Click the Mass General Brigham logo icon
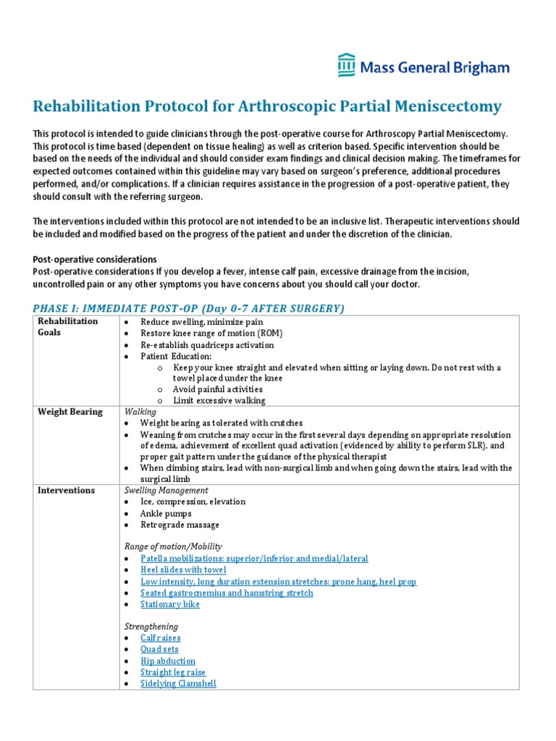346,65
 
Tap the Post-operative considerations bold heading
95,259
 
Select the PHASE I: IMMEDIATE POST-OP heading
189,308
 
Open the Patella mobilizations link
254,559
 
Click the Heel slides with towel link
184,570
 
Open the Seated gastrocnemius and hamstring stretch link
227,593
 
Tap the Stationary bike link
170,604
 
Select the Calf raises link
161,638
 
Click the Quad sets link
159,650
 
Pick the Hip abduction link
168,661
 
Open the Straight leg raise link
173,672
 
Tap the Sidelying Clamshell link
178,683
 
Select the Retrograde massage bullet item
180,525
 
